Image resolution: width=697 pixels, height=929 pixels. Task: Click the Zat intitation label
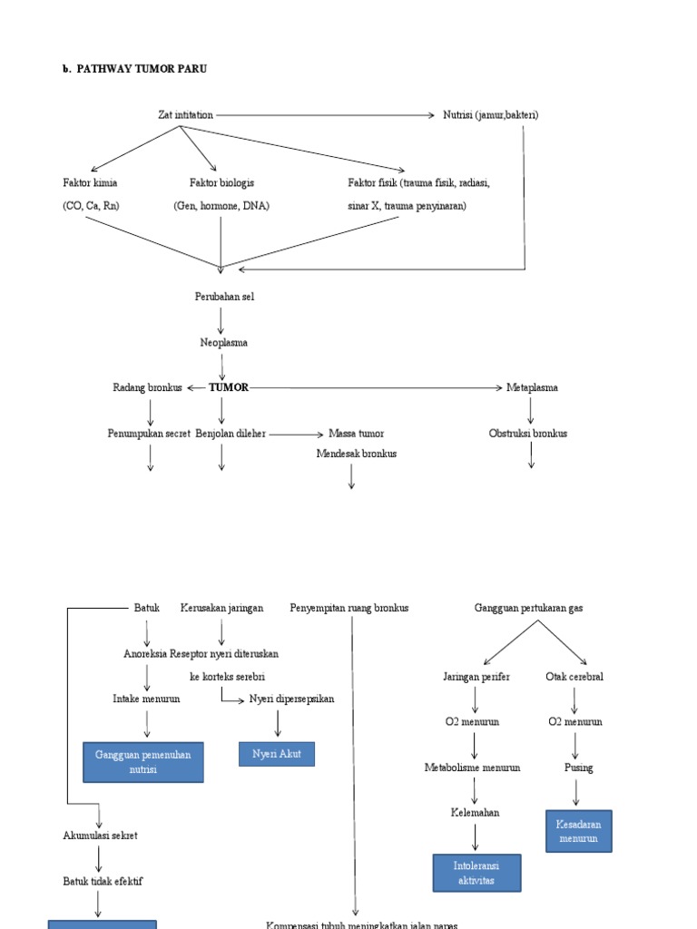[185, 115]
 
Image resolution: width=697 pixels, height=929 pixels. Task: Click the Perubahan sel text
[224, 297]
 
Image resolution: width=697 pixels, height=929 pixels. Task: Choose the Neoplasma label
[223, 343]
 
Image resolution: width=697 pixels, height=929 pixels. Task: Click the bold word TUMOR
[229, 387]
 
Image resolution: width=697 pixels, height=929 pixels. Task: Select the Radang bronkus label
[147, 387]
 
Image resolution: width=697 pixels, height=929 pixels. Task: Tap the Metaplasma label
[532, 387]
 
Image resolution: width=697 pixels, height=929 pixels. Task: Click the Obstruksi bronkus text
[528, 434]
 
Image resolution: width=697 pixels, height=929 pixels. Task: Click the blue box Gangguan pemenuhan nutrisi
[143, 762]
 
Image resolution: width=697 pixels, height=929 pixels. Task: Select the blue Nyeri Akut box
[277, 754]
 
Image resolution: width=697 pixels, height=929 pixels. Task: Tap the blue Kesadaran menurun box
[578, 831]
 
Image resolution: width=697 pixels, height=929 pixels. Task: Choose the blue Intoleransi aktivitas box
[476, 873]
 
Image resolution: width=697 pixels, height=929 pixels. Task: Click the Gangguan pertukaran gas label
[529, 608]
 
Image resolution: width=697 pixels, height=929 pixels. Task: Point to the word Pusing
[578, 768]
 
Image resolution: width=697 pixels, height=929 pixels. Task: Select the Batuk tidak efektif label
[103, 881]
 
